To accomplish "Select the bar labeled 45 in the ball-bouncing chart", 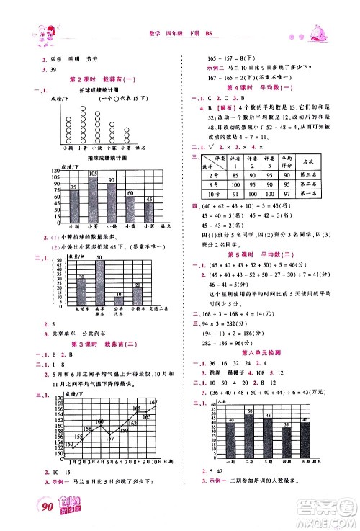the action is coord(148,210).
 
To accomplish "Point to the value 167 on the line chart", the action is coord(153,401).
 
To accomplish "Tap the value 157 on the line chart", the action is coord(108,439).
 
